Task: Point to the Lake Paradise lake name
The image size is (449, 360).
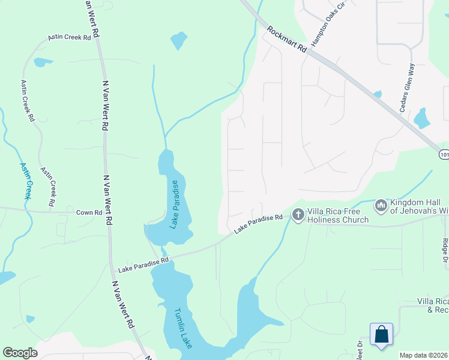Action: click(x=174, y=204)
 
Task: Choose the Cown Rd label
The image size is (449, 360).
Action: click(x=89, y=212)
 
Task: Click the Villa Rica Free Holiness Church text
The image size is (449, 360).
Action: click(x=338, y=215)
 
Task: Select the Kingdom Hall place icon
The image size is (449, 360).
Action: click(x=380, y=206)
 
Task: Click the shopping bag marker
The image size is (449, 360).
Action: click(x=382, y=335)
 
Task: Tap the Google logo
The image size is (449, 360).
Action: click(x=20, y=353)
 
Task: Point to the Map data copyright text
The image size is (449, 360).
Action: click(x=424, y=355)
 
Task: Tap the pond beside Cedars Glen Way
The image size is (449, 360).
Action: click(x=422, y=118)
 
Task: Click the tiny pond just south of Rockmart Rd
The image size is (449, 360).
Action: click(x=377, y=94)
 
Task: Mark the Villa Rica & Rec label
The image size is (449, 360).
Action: click(x=433, y=305)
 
